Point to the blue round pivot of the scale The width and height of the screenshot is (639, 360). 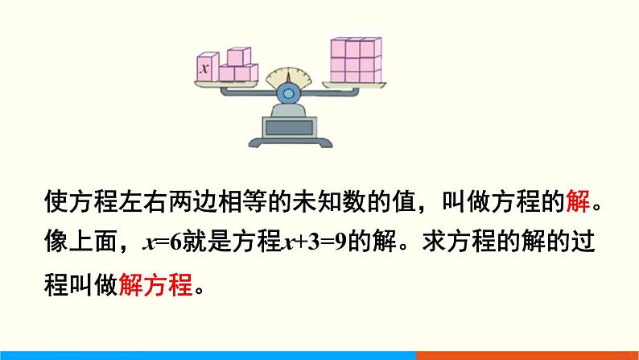[287, 93]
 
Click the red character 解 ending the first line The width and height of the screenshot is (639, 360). [579, 202]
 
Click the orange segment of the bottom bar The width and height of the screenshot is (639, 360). [527, 355]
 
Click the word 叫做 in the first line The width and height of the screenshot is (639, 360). [458, 202]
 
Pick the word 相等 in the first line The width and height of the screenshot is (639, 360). [246, 202]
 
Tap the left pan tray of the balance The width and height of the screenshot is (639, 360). [229, 87]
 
